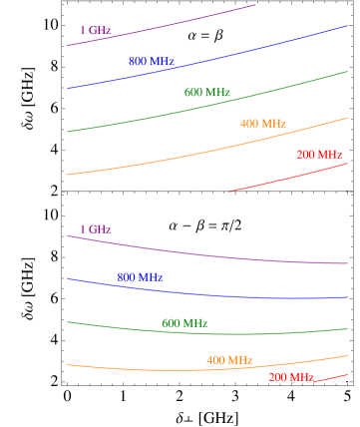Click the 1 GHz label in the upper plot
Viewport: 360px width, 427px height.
tap(95, 30)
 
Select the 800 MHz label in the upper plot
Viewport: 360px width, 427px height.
tap(152, 62)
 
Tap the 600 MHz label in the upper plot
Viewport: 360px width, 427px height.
tap(207, 93)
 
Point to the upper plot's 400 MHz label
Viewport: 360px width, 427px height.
tap(263, 124)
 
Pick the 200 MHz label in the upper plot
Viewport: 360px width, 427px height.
tap(319, 155)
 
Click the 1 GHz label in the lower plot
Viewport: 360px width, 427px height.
tap(95, 228)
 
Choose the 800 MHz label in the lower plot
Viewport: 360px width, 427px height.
tap(140, 276)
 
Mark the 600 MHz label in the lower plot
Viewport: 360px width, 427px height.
tap(184, 323)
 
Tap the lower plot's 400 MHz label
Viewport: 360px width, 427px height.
tap(229, 359)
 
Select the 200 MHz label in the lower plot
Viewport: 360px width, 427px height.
tap(291, 377)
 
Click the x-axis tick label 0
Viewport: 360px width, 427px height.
tap(67, 206)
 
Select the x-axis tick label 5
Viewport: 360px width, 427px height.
tap(347, 206)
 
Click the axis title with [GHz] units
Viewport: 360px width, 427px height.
tap(207, 228)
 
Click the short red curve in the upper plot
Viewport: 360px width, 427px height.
tap(289, 177)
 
